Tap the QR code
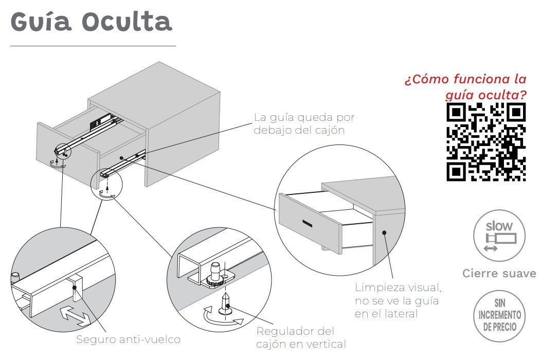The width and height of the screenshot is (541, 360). [486, 142]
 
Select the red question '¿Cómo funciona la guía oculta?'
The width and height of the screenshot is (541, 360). [466, 87]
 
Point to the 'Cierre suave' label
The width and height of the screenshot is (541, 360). [499, 274]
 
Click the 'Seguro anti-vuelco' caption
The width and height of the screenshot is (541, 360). [129, 339]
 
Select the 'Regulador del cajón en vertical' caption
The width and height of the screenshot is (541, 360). [301, 337]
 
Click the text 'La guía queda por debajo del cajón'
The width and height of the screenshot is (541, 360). [304, 123]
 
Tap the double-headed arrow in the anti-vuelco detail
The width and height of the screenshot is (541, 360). [74, 315]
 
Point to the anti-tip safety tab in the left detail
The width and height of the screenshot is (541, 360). [77, 288]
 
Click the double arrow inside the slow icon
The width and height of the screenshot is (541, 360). [491, 248]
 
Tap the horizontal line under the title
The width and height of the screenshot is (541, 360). [93, 46]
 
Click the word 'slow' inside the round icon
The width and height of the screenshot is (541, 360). [499, 225]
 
